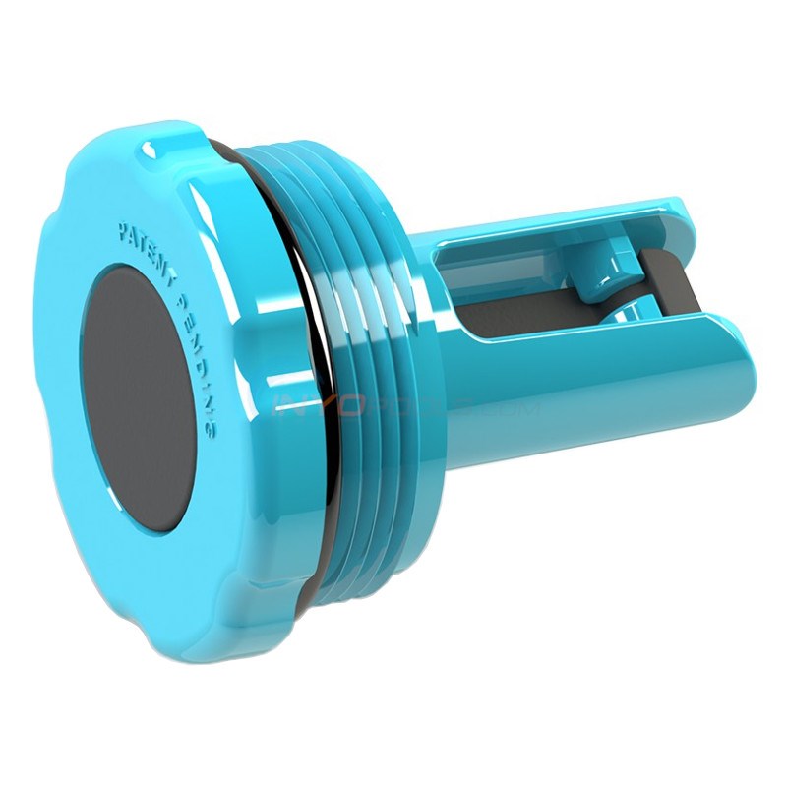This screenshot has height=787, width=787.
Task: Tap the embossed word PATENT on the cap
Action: [148, 242]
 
